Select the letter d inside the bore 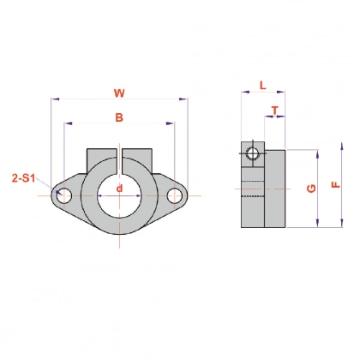click(x=119, y=188)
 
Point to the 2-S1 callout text click(x=23, y=178)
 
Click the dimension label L click(x=261, y=86)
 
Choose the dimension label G click(x=309, y=187)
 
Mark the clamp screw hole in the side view click(x=251, y=153)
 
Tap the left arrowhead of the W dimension click(x=54, y=99)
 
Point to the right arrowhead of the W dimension click(x=183, y=99)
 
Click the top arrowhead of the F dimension click(x=319, y=152)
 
